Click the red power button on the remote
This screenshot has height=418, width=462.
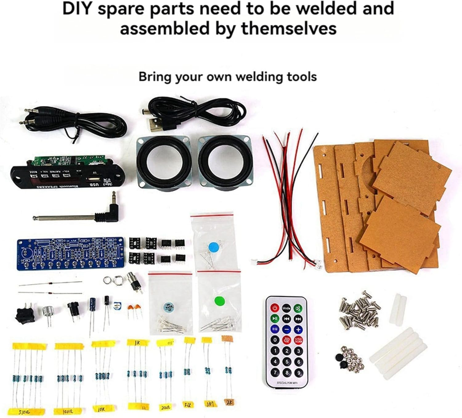click(274, 308)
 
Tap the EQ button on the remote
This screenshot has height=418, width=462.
click(274, 329)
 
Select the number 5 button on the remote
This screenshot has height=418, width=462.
click(287, 362)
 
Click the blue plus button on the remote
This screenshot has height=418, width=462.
click(298, 329)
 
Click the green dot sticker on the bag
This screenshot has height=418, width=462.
click(219, 301)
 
